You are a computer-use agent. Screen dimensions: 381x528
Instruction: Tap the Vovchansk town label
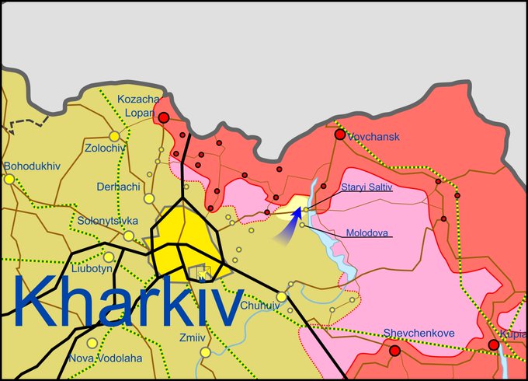pos(373,137)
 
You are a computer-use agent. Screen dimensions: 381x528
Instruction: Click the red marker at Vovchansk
pos(339,135)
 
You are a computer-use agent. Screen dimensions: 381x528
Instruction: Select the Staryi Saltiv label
pos(366,187)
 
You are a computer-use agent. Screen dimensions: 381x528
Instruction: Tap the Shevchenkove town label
pos(419,334)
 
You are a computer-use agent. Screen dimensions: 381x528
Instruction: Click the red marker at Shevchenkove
pos(394,351)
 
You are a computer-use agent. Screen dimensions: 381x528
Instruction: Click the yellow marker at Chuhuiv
pos(281,296)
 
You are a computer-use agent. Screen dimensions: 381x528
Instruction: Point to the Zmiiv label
pos(192,337)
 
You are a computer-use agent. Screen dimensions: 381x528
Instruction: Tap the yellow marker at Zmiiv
pos(205,352)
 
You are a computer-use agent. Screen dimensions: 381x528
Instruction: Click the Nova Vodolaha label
pos(105,358)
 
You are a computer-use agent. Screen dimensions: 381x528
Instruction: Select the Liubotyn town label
pos(91,269)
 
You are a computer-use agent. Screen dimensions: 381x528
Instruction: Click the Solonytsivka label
pos(107,221)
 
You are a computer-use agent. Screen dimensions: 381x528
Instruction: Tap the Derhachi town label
pos(119,187)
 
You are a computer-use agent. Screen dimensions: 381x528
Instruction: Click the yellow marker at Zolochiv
pos(115,135)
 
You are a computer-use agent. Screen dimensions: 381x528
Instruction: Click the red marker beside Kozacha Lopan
pos(164,117)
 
